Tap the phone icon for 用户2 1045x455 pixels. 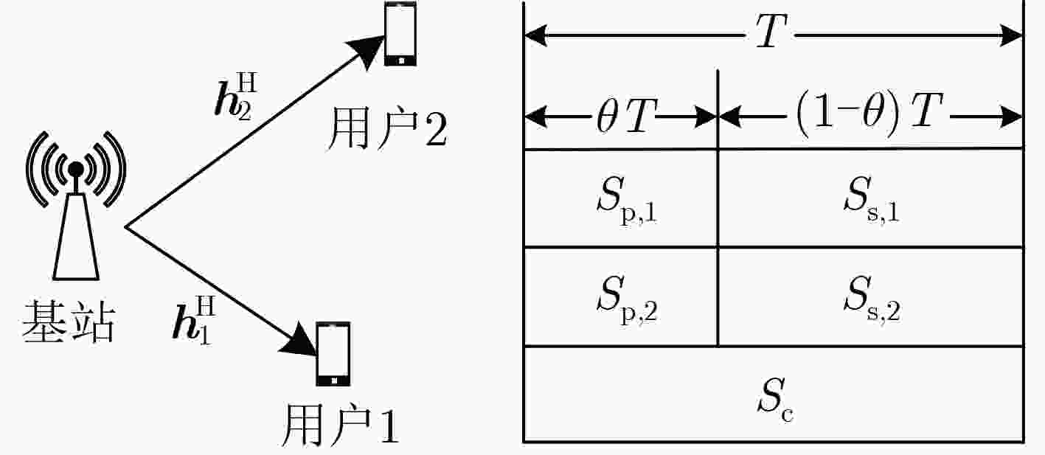pyautogui.click(x=400, y=34)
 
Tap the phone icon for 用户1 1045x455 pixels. pyautogui.click(x=333, y=354)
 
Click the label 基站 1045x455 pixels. pyautogui.click(x=68, y=322)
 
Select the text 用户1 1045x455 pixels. pyautogui.click(x=340, y=425)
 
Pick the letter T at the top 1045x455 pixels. pyautogui.click(x=771, y=31)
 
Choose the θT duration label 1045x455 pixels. pyautogui.click(x=626, y=116)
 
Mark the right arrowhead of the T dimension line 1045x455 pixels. pyautogui.click(x=1011, y=35)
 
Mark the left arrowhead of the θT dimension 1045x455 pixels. pyautogui.click(x=536, y=117)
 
